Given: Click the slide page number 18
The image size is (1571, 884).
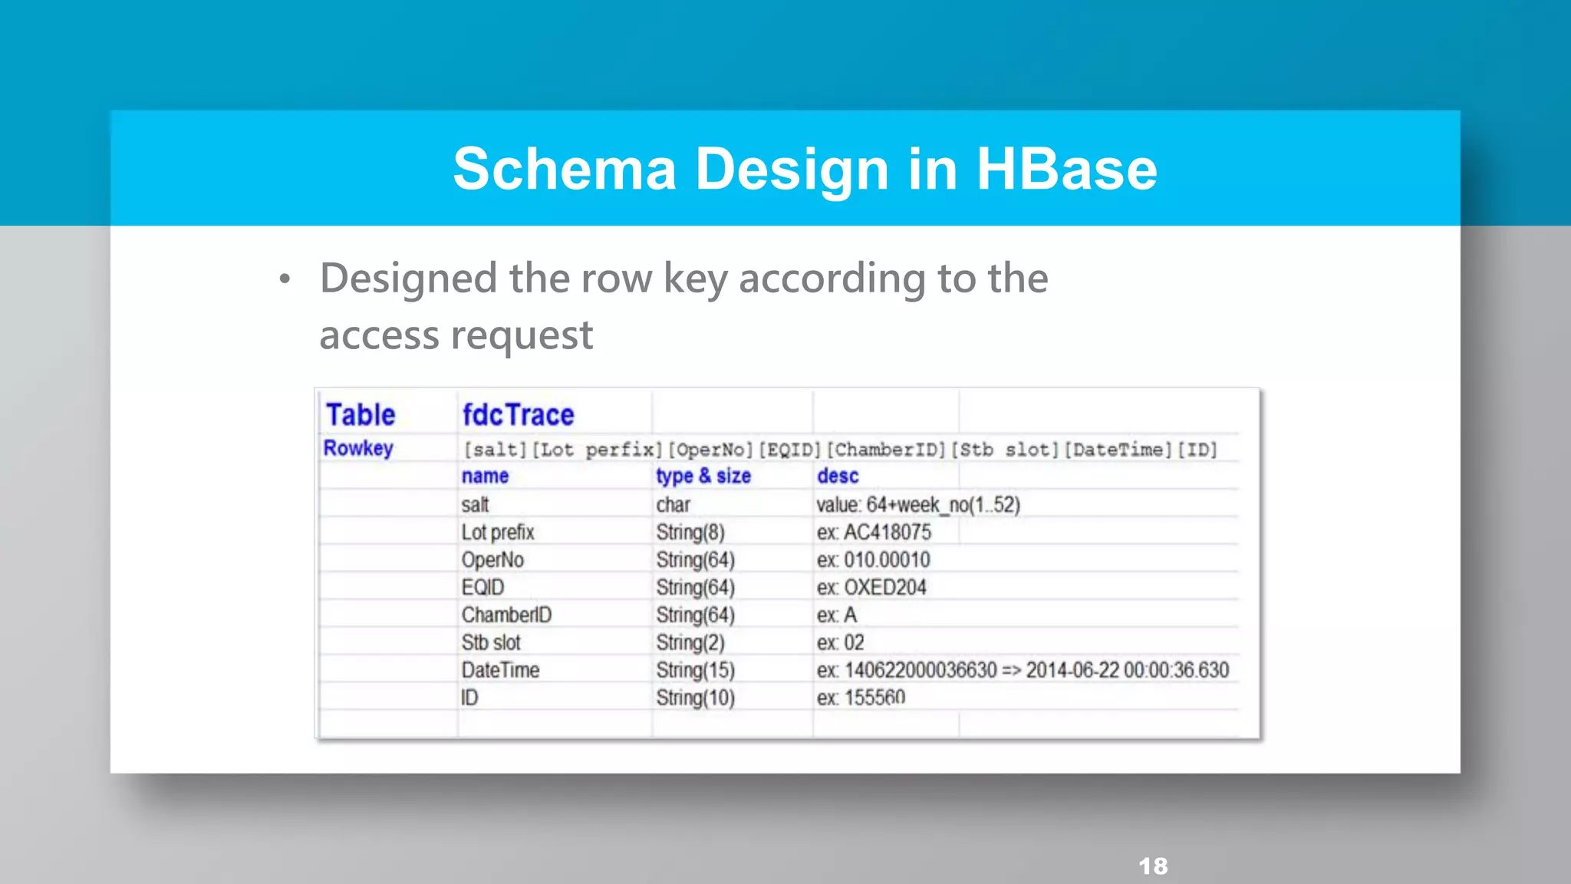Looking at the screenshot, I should point(1153,866).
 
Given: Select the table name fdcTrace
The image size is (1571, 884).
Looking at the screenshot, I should point(518,415).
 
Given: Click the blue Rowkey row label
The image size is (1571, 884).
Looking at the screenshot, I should point(358,448).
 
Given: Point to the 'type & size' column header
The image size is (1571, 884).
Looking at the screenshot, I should point(703,477).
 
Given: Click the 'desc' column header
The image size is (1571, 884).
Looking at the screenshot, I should point(837,477).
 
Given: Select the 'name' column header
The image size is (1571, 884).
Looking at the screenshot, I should point(485,477).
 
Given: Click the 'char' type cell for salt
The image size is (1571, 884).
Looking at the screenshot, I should point(673,505).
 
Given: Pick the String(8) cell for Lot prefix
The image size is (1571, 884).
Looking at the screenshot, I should point(690,533).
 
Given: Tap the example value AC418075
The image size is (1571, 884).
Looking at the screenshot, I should point(888,533).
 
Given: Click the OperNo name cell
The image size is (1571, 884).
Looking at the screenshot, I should point(492,560).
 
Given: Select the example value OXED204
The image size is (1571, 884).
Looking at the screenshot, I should point(885,588).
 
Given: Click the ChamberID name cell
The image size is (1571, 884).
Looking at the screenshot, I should point(506,615).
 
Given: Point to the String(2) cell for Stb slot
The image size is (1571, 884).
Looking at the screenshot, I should point(690,643).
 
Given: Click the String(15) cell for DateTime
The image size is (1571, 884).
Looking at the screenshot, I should point(695,671).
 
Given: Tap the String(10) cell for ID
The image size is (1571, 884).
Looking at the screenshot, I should point(695,698).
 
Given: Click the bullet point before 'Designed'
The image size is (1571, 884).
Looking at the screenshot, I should point(285,279).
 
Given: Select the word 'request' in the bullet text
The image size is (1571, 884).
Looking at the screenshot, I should point(522,336).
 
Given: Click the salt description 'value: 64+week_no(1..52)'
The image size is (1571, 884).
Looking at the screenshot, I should point(917,505).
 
